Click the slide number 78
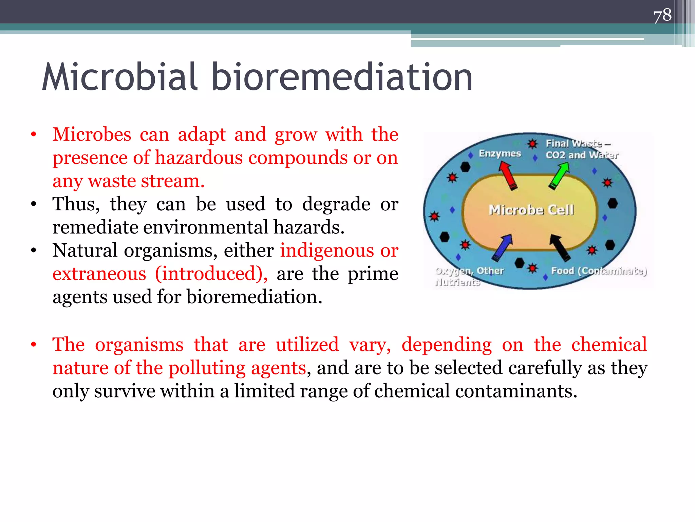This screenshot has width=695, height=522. click(x=662, y=16)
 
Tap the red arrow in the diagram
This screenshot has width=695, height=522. click(x=508, y=175)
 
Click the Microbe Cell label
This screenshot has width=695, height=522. click(x=531, y=210)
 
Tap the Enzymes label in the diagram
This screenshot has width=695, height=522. click(x=500, y=154)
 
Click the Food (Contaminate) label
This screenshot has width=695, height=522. click(x=599, y=271)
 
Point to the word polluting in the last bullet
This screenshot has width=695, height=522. click(x=207, y=368)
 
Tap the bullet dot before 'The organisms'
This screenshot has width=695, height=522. click(x=33, y=345)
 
